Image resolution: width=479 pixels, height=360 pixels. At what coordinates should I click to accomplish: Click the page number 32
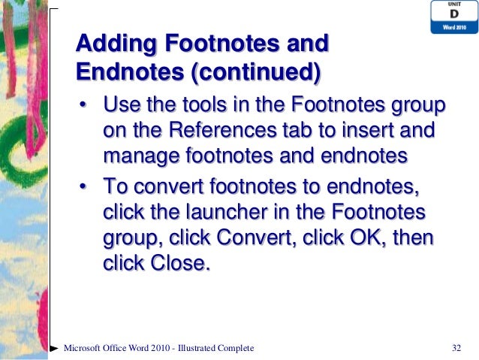tap(455, 348)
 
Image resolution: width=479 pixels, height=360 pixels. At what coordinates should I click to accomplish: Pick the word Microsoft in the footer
tap(85, 348)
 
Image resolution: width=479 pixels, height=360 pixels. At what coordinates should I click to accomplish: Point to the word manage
tap(135, 156)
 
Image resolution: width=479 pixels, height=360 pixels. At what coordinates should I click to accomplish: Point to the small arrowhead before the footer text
tap(54, 349)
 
